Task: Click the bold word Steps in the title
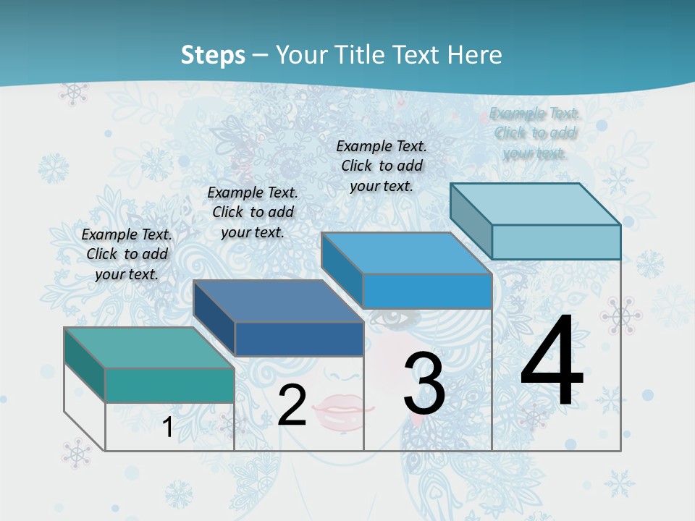pyautogui.click(x=213, y=55)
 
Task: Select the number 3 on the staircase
pyautogui.click(x=424, y=384)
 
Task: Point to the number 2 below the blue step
pyautogui.click(x=292, y=405)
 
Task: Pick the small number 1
pyautogui.click(x=168, y=428)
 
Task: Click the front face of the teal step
pyautogui.click(x=169, y=385)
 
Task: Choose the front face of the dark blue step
pyautogui.click(x=299, y=339)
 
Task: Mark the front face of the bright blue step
pyautogui.click(x=427, y=291)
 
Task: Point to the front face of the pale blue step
pyautogui.click(x=556, y=242)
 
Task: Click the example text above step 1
pyautogui.click(x=127, y=254)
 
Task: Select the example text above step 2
pyautogui.click(x=253, y=212)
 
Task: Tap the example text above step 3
pyautogui.click(x=382, y=166)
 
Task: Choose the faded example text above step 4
pyautogui.click(x=535, y=133)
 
